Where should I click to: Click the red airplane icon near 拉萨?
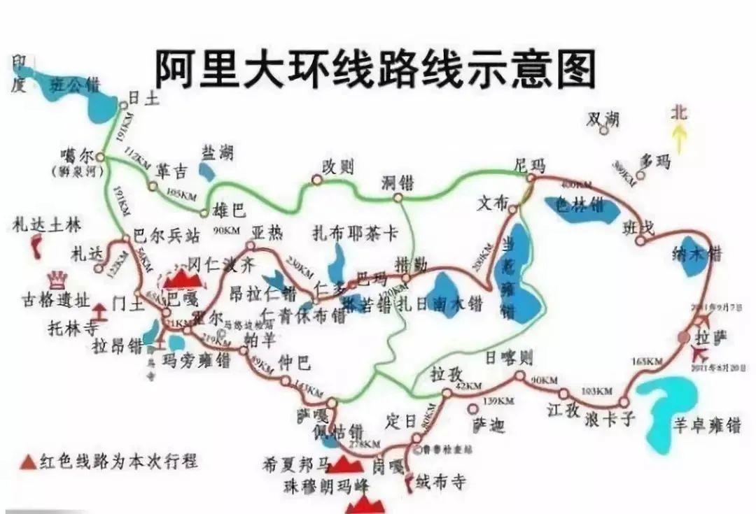(x=701, y=352)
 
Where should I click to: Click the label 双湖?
(x=603, y=119)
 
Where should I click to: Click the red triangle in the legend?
(x=29, y=462)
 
